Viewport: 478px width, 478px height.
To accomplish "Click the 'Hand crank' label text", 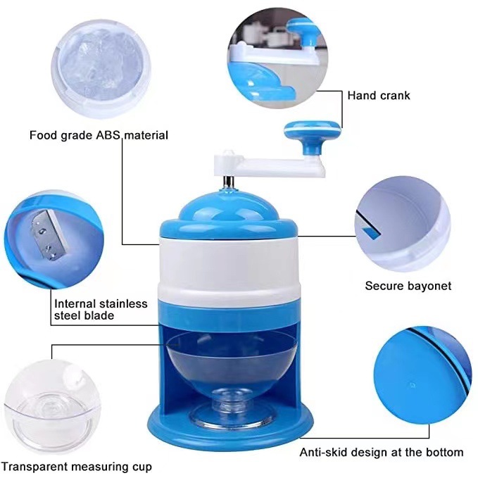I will [x=378, y=95].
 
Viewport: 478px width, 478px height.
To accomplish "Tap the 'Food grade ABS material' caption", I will [x=99, y=134].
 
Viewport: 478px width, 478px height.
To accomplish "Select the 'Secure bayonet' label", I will [x=408, y=286].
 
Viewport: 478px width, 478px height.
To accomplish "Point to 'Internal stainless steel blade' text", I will [x=101, y=310].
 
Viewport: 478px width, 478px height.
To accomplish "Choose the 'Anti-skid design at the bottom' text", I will [x=382, y=452].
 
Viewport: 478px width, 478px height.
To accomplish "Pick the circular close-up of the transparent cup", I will [x=46, y=408].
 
